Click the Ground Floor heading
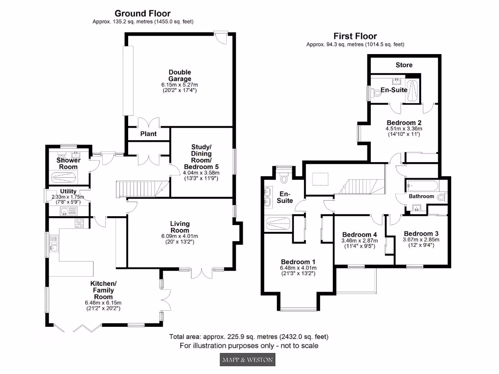coord(142,14)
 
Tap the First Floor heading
coord(355,36)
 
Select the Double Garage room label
coord(180,75)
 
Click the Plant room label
coord(148,134)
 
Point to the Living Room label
coord(179,227)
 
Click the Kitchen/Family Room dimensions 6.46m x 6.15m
coord(102,302)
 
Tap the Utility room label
coord(68,191)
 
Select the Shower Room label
coord(67,163)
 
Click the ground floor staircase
coord(140,187)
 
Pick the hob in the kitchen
coord(79,224)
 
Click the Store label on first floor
coord(403,65)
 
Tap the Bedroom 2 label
coord(404,123)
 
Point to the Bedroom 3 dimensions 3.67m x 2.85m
coord(421,240)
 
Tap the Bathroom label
coord(421,196)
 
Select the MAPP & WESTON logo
coord(247,360)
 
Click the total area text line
coord(249,337)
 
